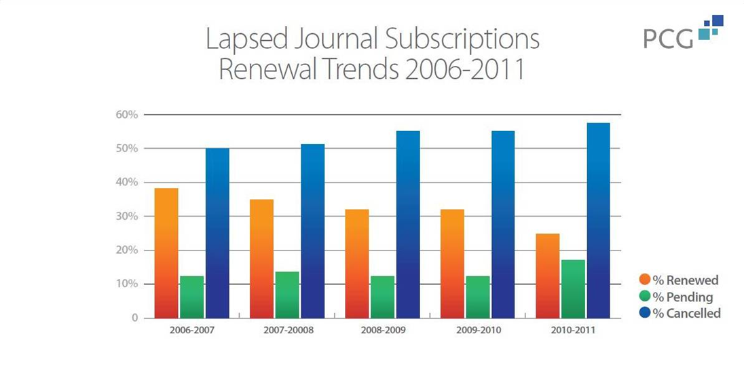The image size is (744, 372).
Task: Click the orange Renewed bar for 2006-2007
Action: tap(166, 253)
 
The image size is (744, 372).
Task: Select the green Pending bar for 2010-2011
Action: tap(573, 289)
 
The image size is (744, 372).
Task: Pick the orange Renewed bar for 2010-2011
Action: tap(547, 276)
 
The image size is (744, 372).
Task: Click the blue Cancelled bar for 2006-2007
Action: tap(217, 233)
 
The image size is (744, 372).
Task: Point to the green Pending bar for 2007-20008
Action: tap(287, 295)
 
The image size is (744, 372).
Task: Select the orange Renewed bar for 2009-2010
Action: tap(452, 263)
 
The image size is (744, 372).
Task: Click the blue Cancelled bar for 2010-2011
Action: tap(598, 221)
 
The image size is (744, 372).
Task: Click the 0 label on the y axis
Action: tap(134, 318)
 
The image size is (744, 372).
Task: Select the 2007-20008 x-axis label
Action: tap(287, 334)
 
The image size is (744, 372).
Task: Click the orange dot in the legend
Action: tap(645, 280)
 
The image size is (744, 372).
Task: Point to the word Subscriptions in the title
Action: tap(462, 39)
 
